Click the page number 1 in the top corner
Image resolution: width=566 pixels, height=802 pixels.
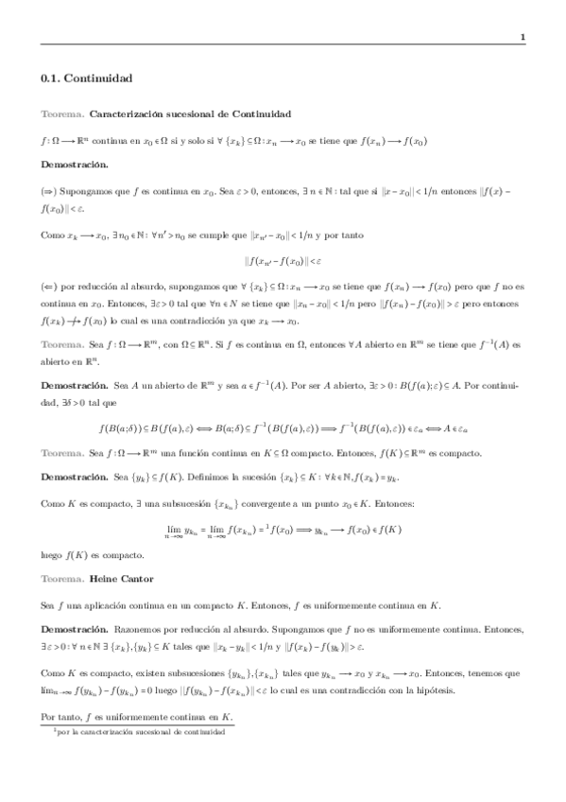coord(522,37)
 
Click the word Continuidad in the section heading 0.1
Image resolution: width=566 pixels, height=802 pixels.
coord(101,78)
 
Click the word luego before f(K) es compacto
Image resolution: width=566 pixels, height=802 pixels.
coord(52,554)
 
